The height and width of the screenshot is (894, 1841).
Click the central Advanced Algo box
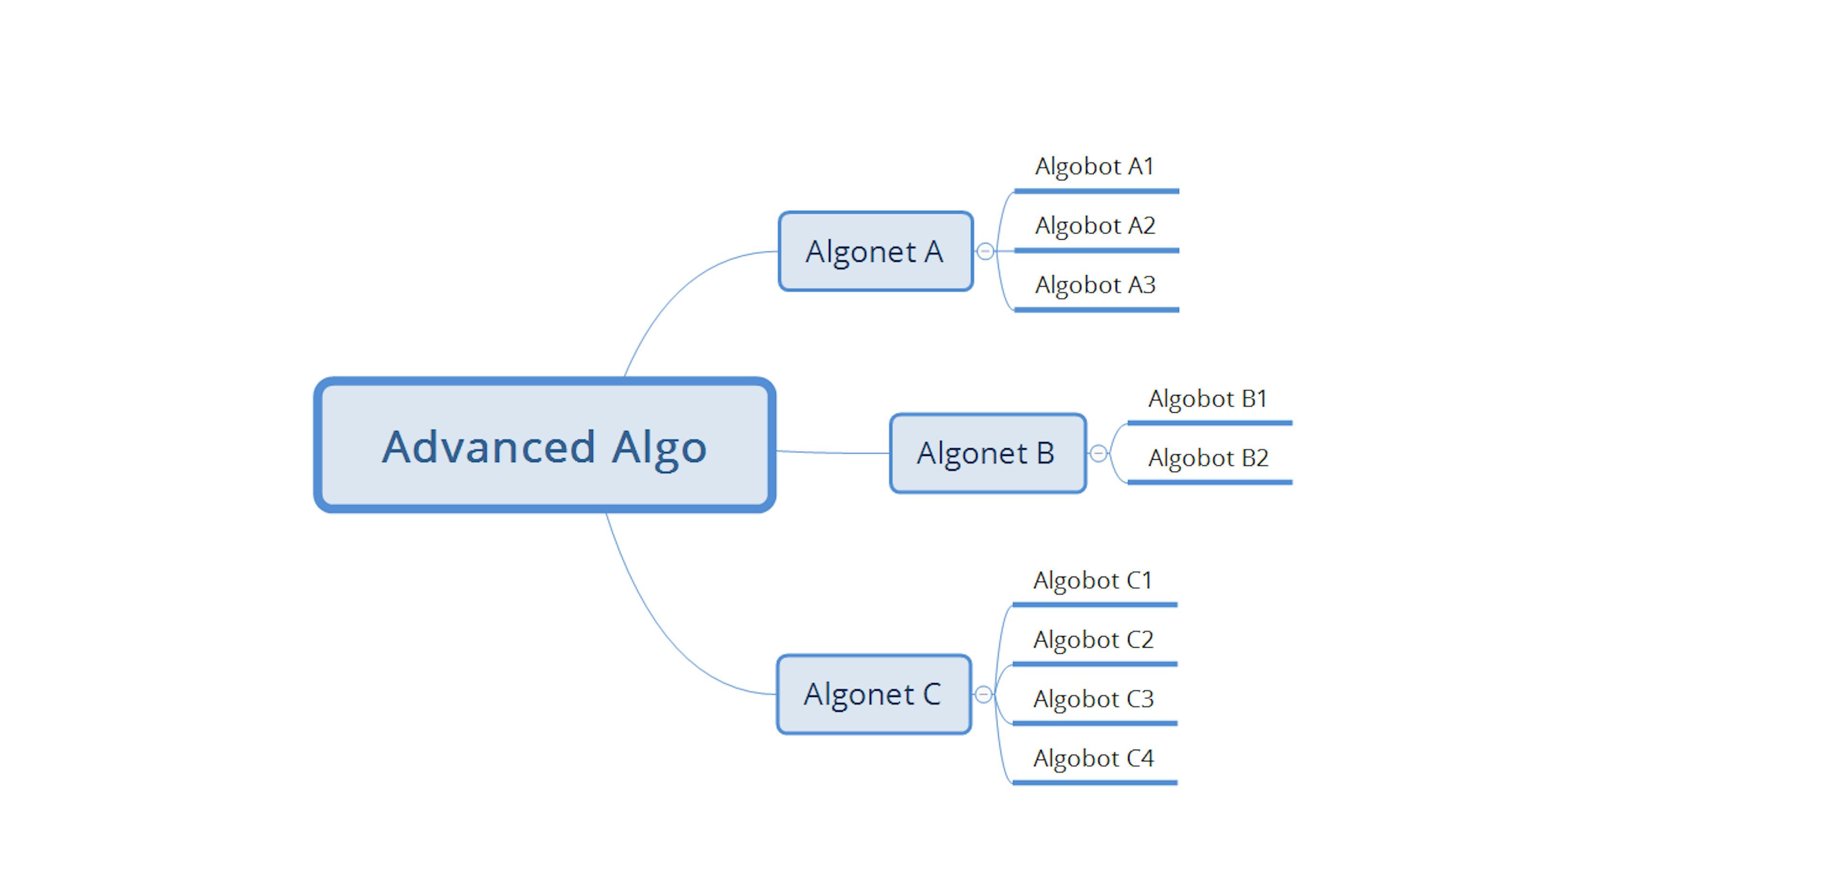point(545,444)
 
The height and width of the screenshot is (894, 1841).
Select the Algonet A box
point(875,251)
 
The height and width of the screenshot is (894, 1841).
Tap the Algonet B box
point(988,453)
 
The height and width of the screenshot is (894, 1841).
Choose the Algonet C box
point(874,694)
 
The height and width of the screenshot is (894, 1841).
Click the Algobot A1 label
point(1095,166)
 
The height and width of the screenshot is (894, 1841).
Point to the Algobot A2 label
point(1095,226)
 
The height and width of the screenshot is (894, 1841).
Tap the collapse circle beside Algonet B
point(1098,453)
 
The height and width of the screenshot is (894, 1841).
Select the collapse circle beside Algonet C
point(983,694)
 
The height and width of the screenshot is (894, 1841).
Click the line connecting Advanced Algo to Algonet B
point(833,453)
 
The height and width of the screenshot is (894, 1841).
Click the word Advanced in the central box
point(489,447)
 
